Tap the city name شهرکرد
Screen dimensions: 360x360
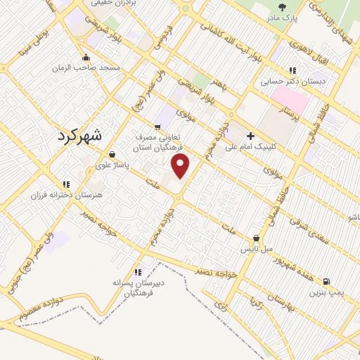tap(78, 136)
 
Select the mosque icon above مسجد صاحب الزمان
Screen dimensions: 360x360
tap(86, 58)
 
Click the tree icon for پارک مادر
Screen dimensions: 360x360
tap(282, 7)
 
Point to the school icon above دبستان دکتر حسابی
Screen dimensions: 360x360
tap(292, 70)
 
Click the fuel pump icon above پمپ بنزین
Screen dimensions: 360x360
tap(326, 281)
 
